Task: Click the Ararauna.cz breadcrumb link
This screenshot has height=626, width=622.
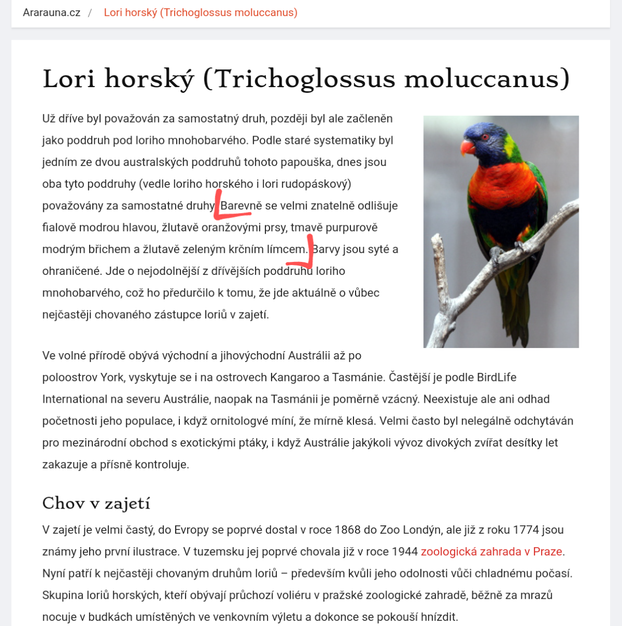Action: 52,13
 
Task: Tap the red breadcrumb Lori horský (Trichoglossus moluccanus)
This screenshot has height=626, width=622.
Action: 200,13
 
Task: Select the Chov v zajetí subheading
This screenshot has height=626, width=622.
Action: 96,503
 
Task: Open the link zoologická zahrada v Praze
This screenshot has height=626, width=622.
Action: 491,551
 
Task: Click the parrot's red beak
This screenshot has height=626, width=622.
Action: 467,148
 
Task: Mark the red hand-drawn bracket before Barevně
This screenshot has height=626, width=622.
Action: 229,208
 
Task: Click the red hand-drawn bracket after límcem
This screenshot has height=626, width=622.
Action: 304,256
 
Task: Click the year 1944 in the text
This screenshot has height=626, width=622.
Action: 404,551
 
